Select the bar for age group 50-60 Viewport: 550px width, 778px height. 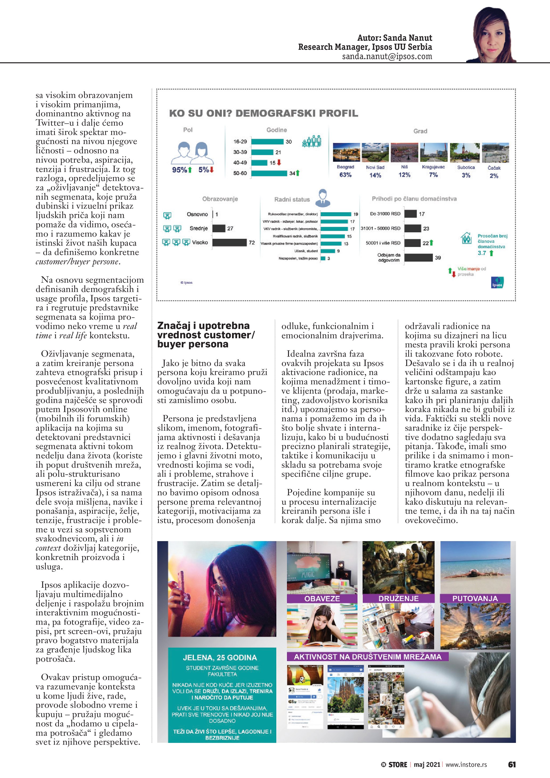point(269,173)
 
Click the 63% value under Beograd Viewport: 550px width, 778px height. point(345,175)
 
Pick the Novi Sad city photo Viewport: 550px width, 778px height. point(375,153)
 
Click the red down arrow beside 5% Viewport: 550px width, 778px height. point(212,170)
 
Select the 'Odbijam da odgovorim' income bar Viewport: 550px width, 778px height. point(418,258)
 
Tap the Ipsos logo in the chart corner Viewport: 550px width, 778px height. point(497,283)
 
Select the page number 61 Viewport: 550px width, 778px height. point(512,764)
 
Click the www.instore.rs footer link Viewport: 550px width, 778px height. point(466,765)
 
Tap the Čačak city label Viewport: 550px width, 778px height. point(494,168)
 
